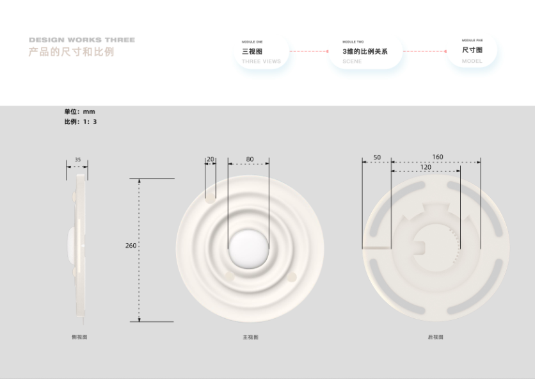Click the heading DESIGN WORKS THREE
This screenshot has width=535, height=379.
(82, 40)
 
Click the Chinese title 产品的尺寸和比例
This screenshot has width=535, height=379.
(71, 52)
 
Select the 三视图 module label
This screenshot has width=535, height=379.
(252, 51)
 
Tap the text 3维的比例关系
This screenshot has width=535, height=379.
(365, 51)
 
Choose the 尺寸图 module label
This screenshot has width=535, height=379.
(472, 50)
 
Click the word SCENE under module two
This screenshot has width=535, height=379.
(352, 61)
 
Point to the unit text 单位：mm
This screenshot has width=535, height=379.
(79, 111)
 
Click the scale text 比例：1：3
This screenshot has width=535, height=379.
(80, 122)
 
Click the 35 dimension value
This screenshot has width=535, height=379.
(77, 160)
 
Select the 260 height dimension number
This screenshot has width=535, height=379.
(131, 246)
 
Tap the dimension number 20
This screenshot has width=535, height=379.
(210, 159)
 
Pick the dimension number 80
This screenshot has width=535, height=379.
(250, 159)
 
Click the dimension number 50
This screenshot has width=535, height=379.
(377, 157)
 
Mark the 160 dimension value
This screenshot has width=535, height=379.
(438, 157)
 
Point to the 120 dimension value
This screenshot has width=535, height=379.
(426, 167)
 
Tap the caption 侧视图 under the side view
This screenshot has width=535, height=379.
(79, 337)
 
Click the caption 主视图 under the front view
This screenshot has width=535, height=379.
(251, 337)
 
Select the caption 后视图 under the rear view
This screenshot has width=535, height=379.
(435, 337)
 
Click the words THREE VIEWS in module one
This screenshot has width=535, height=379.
(261, 61)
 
